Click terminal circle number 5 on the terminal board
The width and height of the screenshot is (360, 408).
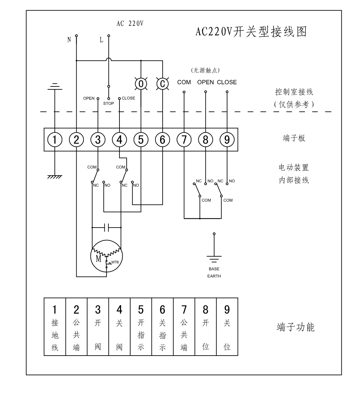(141, 140)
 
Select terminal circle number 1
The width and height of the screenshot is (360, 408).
(55, 140)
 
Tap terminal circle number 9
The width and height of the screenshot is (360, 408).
(227, 140)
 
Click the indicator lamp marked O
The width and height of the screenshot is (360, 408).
(141, 84)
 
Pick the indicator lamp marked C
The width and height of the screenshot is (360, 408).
(162, 84)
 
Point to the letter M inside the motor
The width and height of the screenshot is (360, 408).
(99, 259)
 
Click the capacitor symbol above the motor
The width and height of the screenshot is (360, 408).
(107, 227)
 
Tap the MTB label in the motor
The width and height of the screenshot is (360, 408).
(115, 262)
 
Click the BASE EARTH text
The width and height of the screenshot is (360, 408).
(214, 272)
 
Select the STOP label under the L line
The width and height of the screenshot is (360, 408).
(109, 103)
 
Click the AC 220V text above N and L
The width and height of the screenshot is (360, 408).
(130, 24)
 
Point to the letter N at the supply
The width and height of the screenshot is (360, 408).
(69, 40)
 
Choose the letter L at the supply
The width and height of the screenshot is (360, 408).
(101, 40)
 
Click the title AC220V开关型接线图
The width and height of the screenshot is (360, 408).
(251, 32)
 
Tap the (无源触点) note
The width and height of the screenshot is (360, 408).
(205, 70)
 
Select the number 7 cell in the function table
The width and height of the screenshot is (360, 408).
(184, 310)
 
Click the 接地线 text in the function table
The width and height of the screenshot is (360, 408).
(55, 335)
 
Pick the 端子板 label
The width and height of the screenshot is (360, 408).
(294, 138)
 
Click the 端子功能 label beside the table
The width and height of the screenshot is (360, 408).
(296, 327)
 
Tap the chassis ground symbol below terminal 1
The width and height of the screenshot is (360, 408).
(55, 177)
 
